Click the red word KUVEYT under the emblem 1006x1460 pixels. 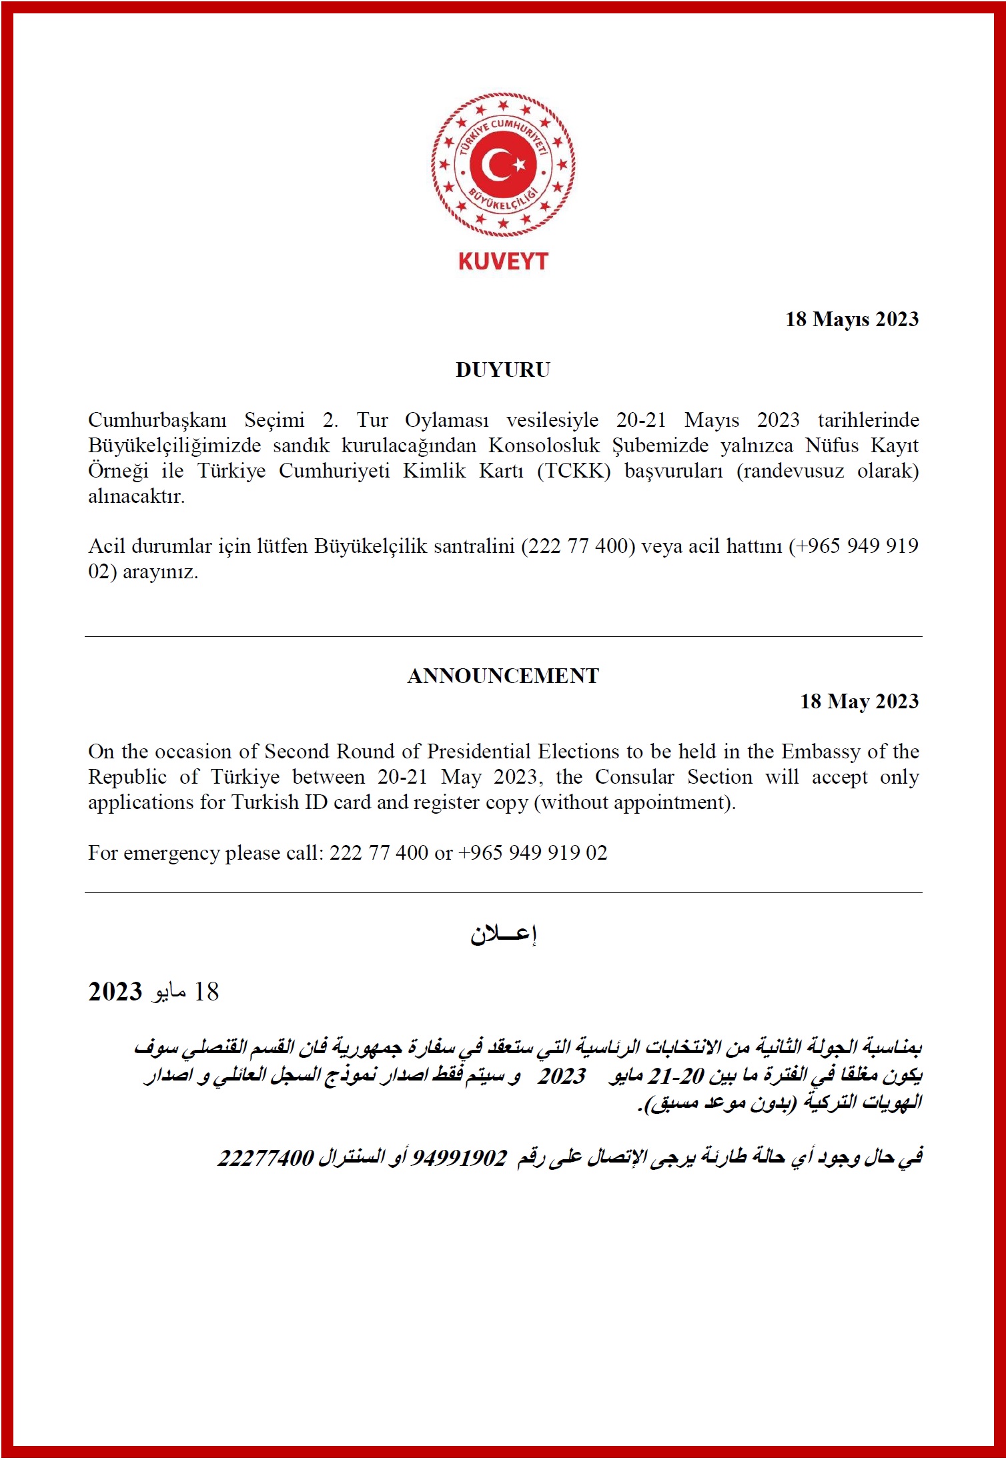503,261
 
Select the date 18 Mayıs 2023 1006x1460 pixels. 851,319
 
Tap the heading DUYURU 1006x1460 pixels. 503,370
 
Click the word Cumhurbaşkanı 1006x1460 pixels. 157,420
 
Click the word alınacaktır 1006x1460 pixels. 136,496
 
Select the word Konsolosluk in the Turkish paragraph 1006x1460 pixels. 544,446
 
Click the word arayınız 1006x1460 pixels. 160,572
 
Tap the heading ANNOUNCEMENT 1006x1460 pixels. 503,676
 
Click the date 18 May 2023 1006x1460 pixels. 859,701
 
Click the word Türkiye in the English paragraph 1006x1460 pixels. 245,777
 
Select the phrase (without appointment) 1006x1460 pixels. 634,802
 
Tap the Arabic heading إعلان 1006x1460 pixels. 503,934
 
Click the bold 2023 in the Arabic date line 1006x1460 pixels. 115,992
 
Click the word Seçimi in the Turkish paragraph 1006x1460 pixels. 274,420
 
